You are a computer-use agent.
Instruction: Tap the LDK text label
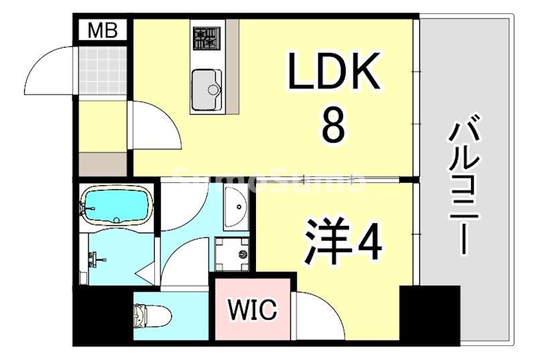click(x=334, y=73)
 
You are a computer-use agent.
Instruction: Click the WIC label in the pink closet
click(x=252, y=310)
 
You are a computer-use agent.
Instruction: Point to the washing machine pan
click(x=232, y=254)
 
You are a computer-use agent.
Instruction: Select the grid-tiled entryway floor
click(x=103, y=70)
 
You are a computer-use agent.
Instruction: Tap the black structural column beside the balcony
click(x=429, y=315)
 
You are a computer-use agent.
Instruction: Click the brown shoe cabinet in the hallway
click(x=103, y=164)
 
